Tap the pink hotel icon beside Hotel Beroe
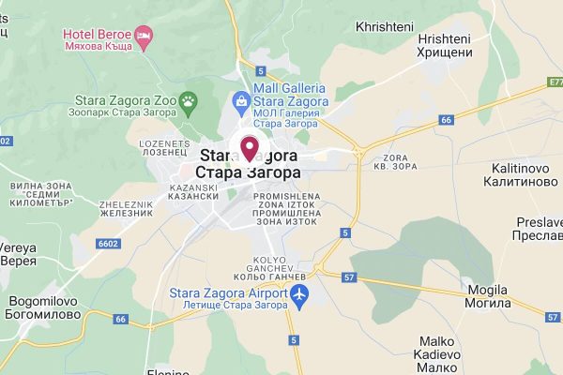tap(145, 36)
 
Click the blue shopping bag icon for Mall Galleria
tap(241, 99)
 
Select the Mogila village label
tap(488, 296)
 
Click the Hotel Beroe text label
tap(96, 35)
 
